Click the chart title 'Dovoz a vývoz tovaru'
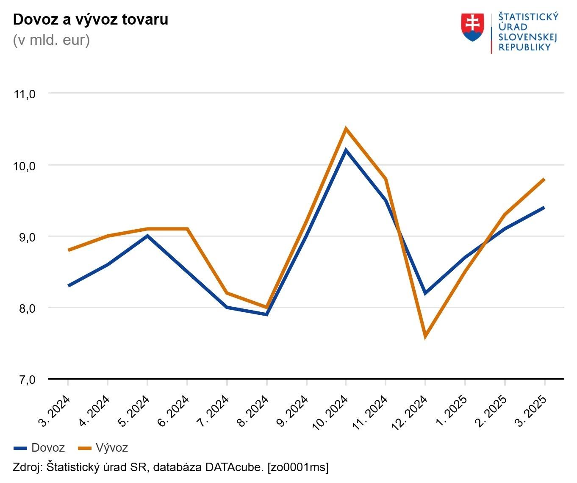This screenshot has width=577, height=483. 91,19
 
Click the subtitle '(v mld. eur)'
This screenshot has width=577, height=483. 51,40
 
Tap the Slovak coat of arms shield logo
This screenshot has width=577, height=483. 472,27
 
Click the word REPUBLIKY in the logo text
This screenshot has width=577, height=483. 524,47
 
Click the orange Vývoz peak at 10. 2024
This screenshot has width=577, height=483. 346,129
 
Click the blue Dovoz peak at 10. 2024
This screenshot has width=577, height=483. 346,150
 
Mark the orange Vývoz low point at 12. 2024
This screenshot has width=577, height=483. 425,336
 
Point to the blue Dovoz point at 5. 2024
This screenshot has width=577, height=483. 147,236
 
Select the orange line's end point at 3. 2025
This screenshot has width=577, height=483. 544,179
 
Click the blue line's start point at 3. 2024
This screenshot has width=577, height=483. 69,286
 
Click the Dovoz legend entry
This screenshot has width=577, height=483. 39,448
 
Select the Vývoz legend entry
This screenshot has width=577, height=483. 103,448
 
